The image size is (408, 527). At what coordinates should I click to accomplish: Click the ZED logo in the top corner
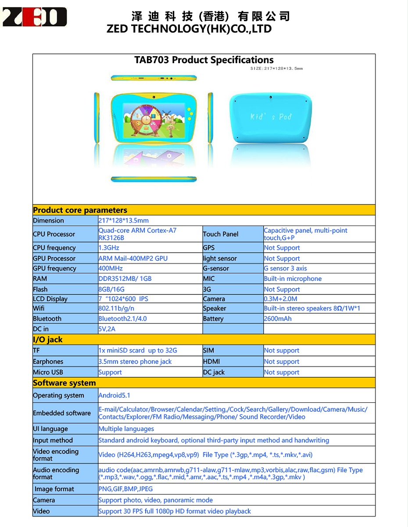tap(34, 17)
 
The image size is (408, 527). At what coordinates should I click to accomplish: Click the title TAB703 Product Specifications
tap(204, 60)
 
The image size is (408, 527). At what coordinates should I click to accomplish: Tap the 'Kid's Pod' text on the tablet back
tap(271, 117)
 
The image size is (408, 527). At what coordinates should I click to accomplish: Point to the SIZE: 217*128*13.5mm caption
tap(276, 68)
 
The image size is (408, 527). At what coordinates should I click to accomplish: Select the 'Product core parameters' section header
tap(80, 210)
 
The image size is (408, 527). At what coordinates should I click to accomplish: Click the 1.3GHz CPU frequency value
tap(109, 248)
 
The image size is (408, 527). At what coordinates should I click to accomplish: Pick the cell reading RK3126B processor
tap(111, 238)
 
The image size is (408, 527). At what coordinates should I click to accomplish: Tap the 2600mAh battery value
tap(278, 319)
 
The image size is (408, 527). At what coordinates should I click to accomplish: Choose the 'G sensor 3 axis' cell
tap(285, 269)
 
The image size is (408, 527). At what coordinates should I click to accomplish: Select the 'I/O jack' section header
tap(48, 340)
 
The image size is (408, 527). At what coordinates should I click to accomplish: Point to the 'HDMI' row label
tap(211, 362)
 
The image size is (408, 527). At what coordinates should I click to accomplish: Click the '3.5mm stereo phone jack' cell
tap(135, 362)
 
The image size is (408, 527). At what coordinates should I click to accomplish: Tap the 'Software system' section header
tap(64, 383)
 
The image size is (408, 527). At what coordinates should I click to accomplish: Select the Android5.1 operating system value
tap(114, 395)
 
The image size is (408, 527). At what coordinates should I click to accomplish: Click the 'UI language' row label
tap(50, 429)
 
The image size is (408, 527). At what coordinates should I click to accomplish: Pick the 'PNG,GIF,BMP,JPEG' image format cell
tap(125, 489)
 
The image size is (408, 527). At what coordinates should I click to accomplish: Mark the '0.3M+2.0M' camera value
tap(280, 299)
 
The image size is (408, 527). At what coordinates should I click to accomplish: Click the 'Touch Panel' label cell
tap(221, 234)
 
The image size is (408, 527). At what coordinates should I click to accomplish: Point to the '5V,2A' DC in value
tap(107, 329)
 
